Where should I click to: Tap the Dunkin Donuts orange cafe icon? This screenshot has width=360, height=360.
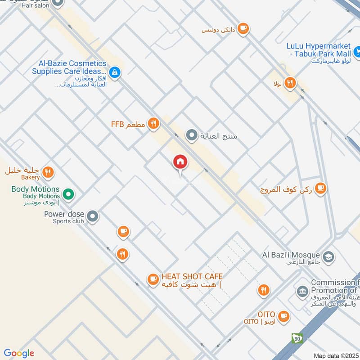point(243,29)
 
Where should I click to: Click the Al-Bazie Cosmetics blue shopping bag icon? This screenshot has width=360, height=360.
point(114,72)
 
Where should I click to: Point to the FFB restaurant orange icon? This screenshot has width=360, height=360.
point(154,123)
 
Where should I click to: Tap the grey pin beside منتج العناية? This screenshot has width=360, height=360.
point(192,135)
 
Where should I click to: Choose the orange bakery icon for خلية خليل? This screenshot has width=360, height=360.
point(48,171)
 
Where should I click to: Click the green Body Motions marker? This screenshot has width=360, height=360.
point(68,194)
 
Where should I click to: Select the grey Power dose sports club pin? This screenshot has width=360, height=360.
point(93,217)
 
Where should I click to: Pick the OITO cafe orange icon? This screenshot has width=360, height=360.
point(283,316)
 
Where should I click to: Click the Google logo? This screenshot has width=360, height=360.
point(19,353)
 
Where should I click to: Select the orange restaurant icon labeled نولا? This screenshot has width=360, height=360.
point(290,83)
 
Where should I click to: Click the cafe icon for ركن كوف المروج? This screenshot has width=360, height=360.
point(320,189)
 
